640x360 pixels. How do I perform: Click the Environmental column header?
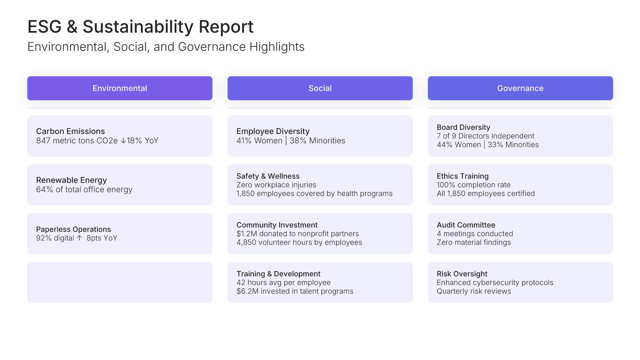[x=120, y=88]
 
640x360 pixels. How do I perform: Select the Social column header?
[x=320, y=88]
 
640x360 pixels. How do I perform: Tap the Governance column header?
[x=520, y=88]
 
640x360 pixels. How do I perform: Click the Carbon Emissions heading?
[x=70, y=131]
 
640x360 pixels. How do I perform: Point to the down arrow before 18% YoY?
[x=123, y=141]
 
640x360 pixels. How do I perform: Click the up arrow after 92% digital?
[x=79, y=238]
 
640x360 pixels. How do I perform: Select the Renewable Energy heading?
[x=71, y=180]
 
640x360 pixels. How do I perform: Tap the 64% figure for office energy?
[x=44, y=190]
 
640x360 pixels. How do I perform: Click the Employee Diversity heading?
[x=273, y=131]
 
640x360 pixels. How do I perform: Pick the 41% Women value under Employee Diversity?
[x=259, y=141]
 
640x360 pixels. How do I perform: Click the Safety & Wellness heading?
[x=268, y=176]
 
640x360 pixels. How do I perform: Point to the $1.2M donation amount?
[x=247, y=234]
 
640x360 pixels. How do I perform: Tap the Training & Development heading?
[x=278, y=274]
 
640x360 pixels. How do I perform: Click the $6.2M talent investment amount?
[x=247, y=291]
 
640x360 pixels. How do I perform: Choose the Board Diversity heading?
[x=463, y=127]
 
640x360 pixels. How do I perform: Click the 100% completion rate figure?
[x=446, y=185]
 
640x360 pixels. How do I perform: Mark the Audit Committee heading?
[x=466, y=225]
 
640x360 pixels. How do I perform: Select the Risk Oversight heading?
[x=462, y=274]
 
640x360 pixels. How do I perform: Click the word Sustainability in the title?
[x=138, y=27]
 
